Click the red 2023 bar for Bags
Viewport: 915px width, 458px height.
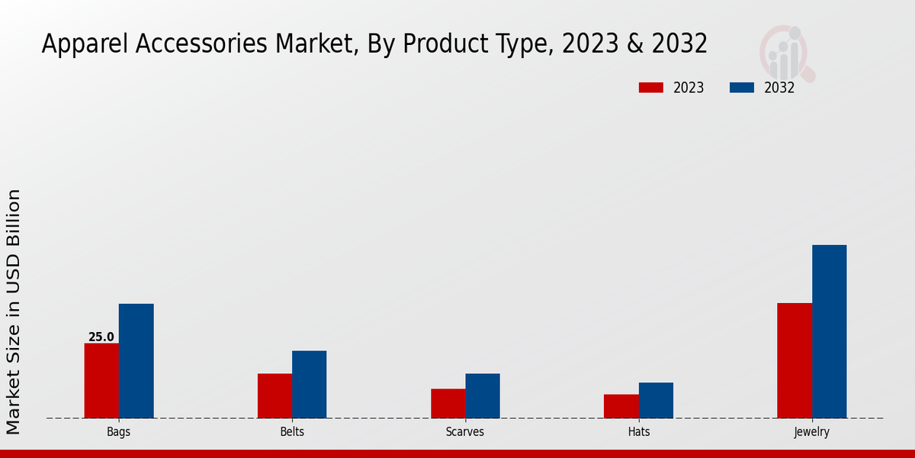(101, 381)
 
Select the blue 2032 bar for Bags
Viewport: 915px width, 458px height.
(136, 361)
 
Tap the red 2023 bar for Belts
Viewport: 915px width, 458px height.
(274, 395)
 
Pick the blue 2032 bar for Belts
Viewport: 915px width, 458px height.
(309, 384)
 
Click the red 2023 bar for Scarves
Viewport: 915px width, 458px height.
(448, 403)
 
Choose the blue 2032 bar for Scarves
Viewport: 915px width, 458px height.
(483, 395)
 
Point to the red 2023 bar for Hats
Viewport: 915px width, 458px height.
(621, 406)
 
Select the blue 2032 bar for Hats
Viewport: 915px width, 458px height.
(656, 400)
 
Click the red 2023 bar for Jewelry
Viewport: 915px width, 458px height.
(795, 360)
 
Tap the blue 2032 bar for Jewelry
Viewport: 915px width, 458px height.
(829, 331)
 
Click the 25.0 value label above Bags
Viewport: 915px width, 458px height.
(101, 337)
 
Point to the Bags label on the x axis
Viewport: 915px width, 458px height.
(118, 432)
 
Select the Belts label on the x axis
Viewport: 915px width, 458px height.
(292, 432)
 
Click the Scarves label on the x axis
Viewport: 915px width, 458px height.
(465, 432)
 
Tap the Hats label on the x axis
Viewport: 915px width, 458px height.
(639, 432)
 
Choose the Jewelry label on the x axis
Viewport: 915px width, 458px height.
(811, 432)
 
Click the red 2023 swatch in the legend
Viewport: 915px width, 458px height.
(650, 88)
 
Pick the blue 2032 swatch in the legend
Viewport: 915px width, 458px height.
(742, 88)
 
